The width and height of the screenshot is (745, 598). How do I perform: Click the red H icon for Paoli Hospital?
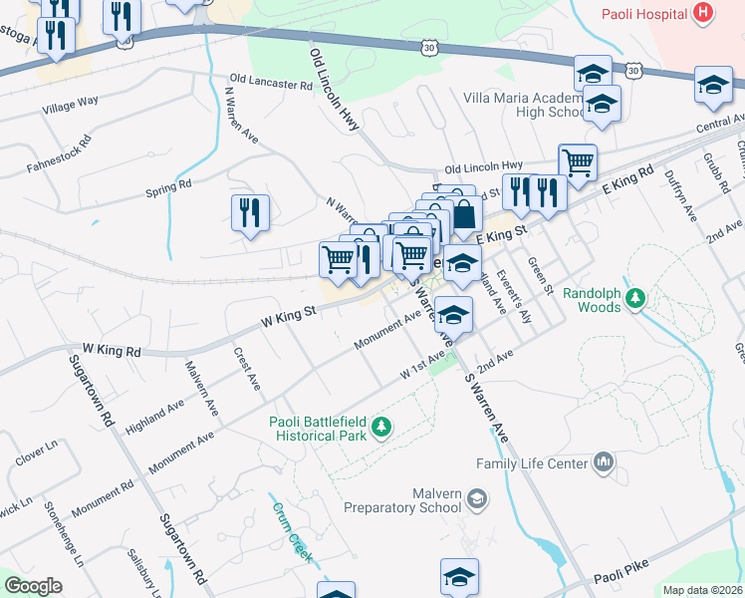pyautogui.click(x=704, y=13)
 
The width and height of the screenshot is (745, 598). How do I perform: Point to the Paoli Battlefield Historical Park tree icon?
pyautogui.click(x=379, y=428)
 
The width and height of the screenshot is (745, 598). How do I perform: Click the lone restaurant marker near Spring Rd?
pyautogui.click(x=250, y=212)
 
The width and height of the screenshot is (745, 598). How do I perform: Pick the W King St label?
pyautogui.click(x=289, y=316)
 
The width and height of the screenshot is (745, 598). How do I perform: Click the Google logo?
pyautogui.click(x=33, y=586)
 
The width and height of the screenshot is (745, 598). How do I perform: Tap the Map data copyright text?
pyautogui.click(x=702, y=590)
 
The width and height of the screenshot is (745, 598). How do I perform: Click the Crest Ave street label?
pyautogui.click(x=246, y=368)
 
